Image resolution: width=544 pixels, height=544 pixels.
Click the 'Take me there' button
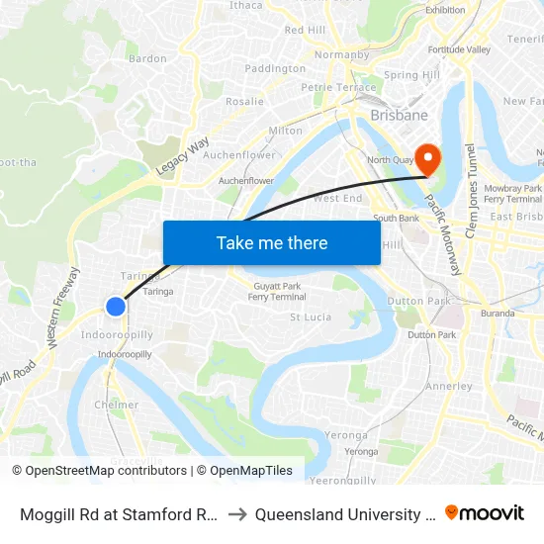click(272, 242)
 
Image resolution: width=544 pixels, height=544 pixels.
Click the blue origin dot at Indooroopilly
click(116, 307)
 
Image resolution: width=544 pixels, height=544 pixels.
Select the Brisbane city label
click(399, 116)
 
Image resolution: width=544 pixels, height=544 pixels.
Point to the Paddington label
click(275, 68)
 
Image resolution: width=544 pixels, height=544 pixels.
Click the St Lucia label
click(310, 317)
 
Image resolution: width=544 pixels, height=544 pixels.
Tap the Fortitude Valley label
click(459, 49)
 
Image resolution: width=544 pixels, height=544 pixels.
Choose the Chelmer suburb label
click(116, 405)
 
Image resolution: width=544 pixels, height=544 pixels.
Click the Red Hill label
click(305, 31)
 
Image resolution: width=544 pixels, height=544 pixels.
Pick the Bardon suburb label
click(148, 58)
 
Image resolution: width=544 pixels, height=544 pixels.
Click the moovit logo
click(484, 512)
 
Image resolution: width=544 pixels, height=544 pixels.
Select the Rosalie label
click(244, 101)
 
